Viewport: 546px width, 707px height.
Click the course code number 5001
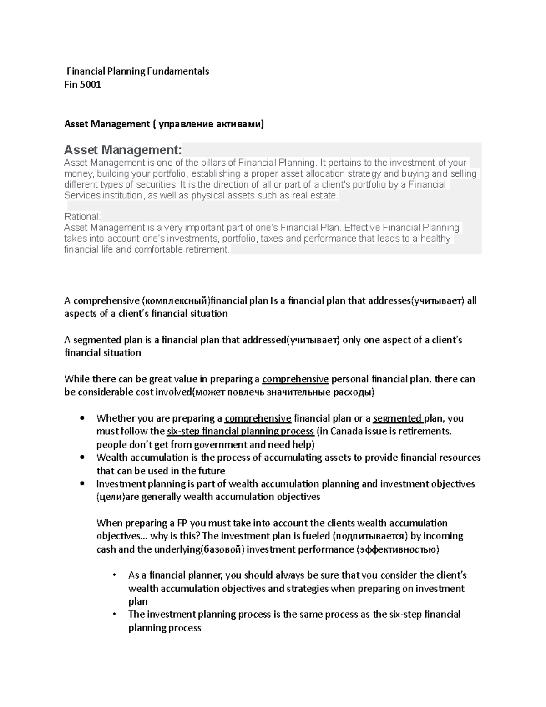91,85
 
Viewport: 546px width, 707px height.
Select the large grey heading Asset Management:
123,150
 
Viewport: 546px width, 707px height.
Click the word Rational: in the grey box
82,216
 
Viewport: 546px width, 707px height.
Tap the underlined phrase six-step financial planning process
241,432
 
